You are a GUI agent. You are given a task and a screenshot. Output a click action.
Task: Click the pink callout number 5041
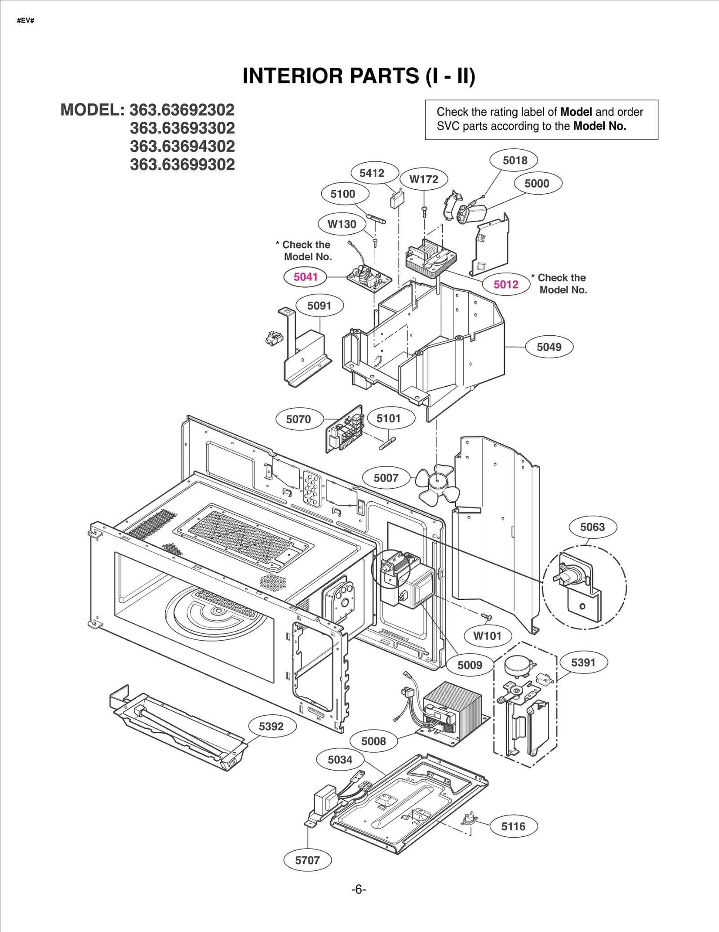click(306, 277)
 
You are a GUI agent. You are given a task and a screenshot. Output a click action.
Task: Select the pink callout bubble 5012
click(506, 285)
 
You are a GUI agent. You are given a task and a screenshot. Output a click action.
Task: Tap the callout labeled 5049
click(549, 347)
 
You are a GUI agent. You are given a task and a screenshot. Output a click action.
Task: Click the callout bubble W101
click(487, 636)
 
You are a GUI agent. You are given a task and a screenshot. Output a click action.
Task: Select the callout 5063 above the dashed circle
click(592, 527)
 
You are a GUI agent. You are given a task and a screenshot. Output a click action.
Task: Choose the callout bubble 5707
click(307, 861)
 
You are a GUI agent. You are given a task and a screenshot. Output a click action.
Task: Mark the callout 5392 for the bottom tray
click(271, 727)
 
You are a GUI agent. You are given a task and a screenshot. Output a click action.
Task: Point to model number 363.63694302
click(182, 147)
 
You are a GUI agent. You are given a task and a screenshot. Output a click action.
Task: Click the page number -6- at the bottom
click(358, 890)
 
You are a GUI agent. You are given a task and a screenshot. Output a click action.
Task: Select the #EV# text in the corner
click(25, 21)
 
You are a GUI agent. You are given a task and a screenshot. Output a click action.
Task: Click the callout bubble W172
click(423, 179)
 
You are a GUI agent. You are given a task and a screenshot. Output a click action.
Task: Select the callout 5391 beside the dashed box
click(583, 663)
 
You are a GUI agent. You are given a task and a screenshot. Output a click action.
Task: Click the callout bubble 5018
click(515, 161)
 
